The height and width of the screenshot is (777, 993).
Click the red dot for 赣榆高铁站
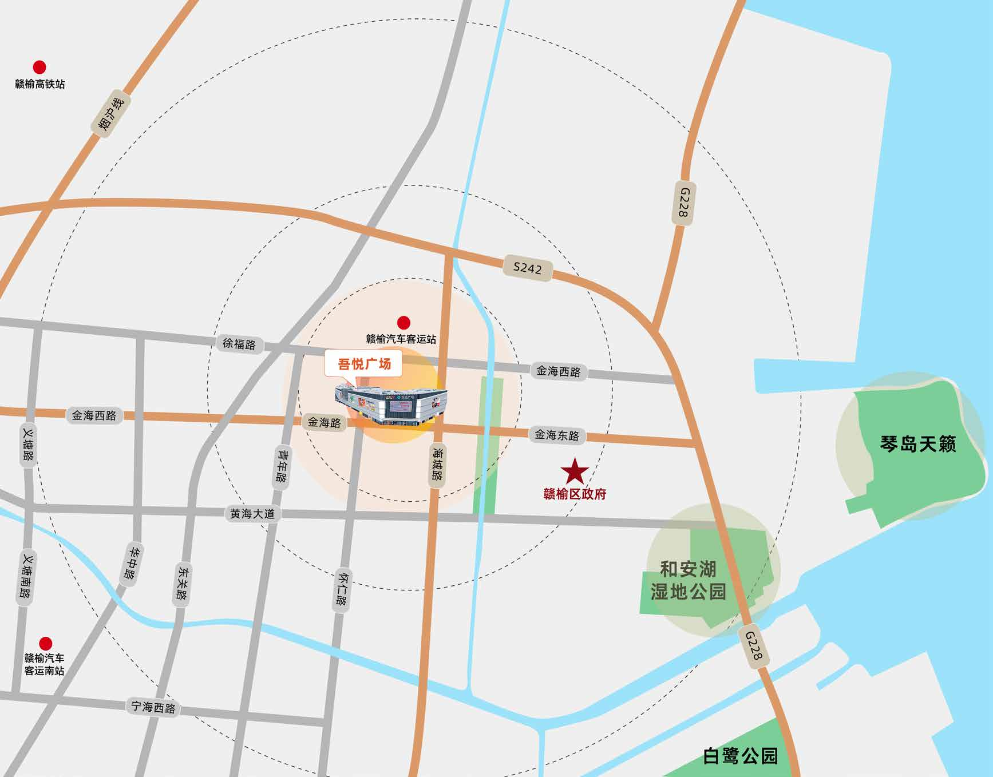click(x=39, y=68)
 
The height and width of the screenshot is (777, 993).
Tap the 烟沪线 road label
click(x=110, y=113)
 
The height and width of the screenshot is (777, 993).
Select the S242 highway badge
click(x=527, y=268)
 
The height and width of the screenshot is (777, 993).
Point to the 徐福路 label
click(x=239, y=344)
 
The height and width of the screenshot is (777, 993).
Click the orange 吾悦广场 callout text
click(x=364, y=364)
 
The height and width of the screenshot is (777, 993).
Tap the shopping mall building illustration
click(x=391, y=405)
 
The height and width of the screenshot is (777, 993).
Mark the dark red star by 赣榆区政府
click(x=575, y=472)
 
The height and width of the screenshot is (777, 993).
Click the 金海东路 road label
click(x=557, y=435)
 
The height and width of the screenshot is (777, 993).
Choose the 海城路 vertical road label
click(x=437, y=464)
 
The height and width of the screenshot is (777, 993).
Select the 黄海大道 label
click(x=252, y=514)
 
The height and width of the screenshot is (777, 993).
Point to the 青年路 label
click(x=282, y=466)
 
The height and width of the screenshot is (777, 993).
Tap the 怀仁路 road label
click(x=342, y=589)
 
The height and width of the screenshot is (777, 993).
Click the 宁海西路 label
click(x=153, y=707)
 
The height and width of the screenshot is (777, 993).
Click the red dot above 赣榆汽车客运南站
click(x=45, y=644)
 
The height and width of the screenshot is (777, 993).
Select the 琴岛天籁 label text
click(x=918, y=444)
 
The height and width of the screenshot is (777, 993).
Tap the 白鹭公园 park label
click(x=740, y=756)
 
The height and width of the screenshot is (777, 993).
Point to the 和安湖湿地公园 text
click(x=688, y=580)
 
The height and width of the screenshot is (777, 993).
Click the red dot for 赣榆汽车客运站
click(x=403, y=323)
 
